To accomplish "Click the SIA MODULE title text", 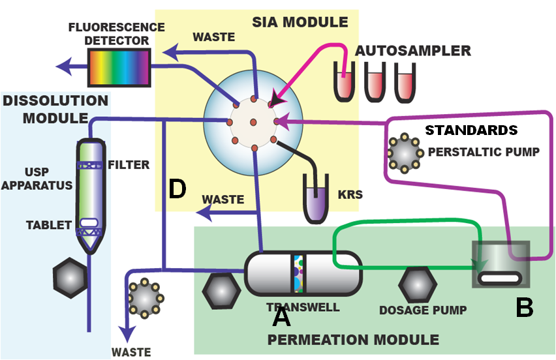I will tap(300, 22).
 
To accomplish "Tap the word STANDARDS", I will tap(471, 130).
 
